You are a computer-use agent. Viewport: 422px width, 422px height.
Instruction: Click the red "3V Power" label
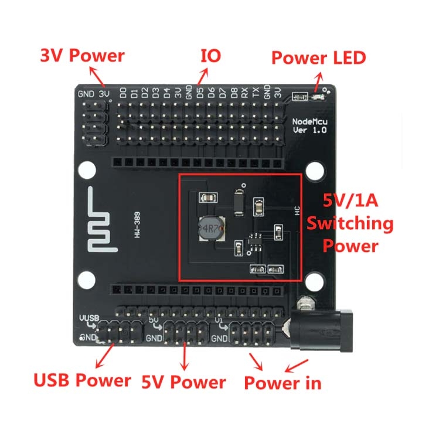pyautogui.click(x=82, y=56)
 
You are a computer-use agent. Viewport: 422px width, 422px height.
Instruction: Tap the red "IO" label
pyautogui.click(x=210, y=56)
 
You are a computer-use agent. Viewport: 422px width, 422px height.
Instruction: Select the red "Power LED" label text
pyautogui.click(x=318, y=57)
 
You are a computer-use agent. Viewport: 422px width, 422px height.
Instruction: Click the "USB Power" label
pyautogui.click(x=82, y=380)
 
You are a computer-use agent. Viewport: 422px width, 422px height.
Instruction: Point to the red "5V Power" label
pyautogui.click(x=183, y=383)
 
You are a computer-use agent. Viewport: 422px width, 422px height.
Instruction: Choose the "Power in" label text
pyautogui.click(x=283, y=384)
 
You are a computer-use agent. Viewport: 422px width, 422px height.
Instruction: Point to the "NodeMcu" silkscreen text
pyautogui.click(x=310, y=121)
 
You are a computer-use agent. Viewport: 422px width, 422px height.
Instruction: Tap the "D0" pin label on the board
pyautogui.click(x=123, y=93)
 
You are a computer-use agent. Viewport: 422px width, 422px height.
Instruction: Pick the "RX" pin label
pyautogui.click(x=244, y=93)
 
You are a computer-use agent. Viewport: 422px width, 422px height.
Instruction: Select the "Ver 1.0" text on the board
pyautogui.click(x=310, y=130)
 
